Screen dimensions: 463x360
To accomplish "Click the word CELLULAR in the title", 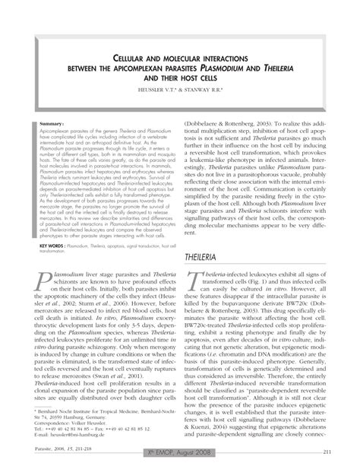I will click(x=136, y=57).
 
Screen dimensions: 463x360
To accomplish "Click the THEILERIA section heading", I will click(x=206, y=258).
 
